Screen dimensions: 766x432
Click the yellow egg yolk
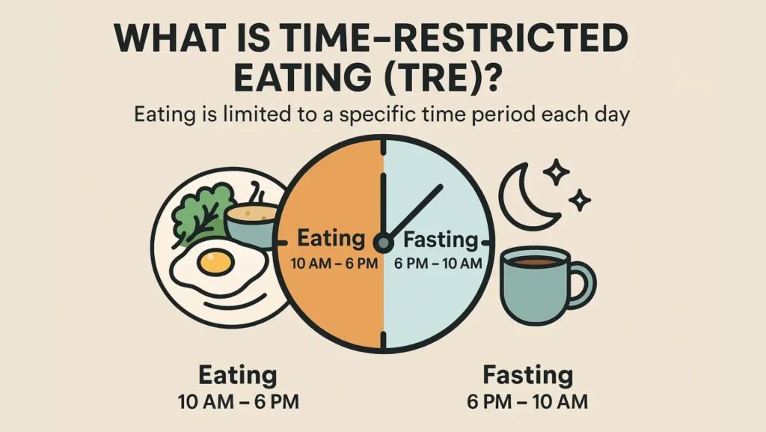tap(215, 262)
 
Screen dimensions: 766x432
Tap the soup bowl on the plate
tap(251, 225)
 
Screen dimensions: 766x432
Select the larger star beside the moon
tap(557, 171)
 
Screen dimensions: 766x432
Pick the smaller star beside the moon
tap(580, 200)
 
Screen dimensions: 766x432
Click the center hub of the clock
tap(383, 243)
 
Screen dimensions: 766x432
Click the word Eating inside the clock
tap(331, 239)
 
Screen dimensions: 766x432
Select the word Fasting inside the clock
tap(440, 240)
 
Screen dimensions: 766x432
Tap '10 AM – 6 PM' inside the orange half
tap(334, 264)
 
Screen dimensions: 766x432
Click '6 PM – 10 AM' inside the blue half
tap(438, 264)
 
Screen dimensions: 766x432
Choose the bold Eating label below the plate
tap(238, 376)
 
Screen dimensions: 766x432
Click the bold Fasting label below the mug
tap(527, 375)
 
